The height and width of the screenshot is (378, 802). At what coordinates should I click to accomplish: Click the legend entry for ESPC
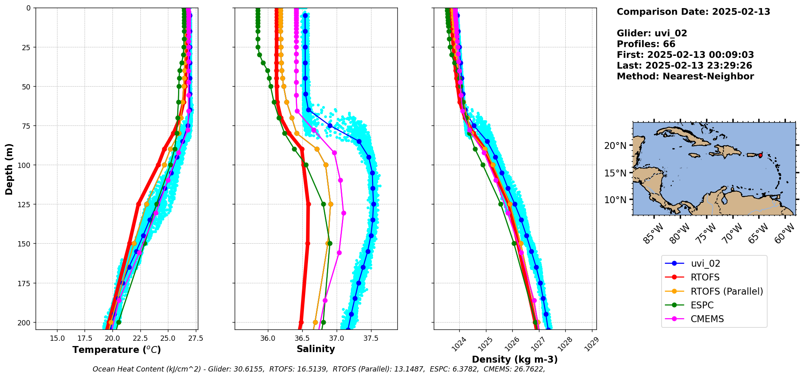point(702,305)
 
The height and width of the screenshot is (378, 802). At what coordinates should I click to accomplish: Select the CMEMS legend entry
point(707,319)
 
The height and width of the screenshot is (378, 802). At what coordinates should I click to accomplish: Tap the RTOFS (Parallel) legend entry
point(727,291)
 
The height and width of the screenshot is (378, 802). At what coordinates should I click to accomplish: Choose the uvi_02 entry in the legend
point(705,263)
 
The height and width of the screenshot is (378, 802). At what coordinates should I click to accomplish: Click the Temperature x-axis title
point(117,350)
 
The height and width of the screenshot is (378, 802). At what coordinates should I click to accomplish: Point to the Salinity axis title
point(316,349)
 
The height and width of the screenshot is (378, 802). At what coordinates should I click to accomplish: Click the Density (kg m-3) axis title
point(515,359)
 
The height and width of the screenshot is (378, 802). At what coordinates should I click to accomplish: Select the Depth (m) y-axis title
point(9,169)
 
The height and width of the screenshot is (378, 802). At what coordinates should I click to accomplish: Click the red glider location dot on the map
point(760,155)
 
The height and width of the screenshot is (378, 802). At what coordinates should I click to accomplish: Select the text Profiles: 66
point(646,44)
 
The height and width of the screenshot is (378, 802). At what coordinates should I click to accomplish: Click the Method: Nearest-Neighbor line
point(685,76)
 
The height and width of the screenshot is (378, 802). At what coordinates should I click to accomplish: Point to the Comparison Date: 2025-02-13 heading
point(693,12)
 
